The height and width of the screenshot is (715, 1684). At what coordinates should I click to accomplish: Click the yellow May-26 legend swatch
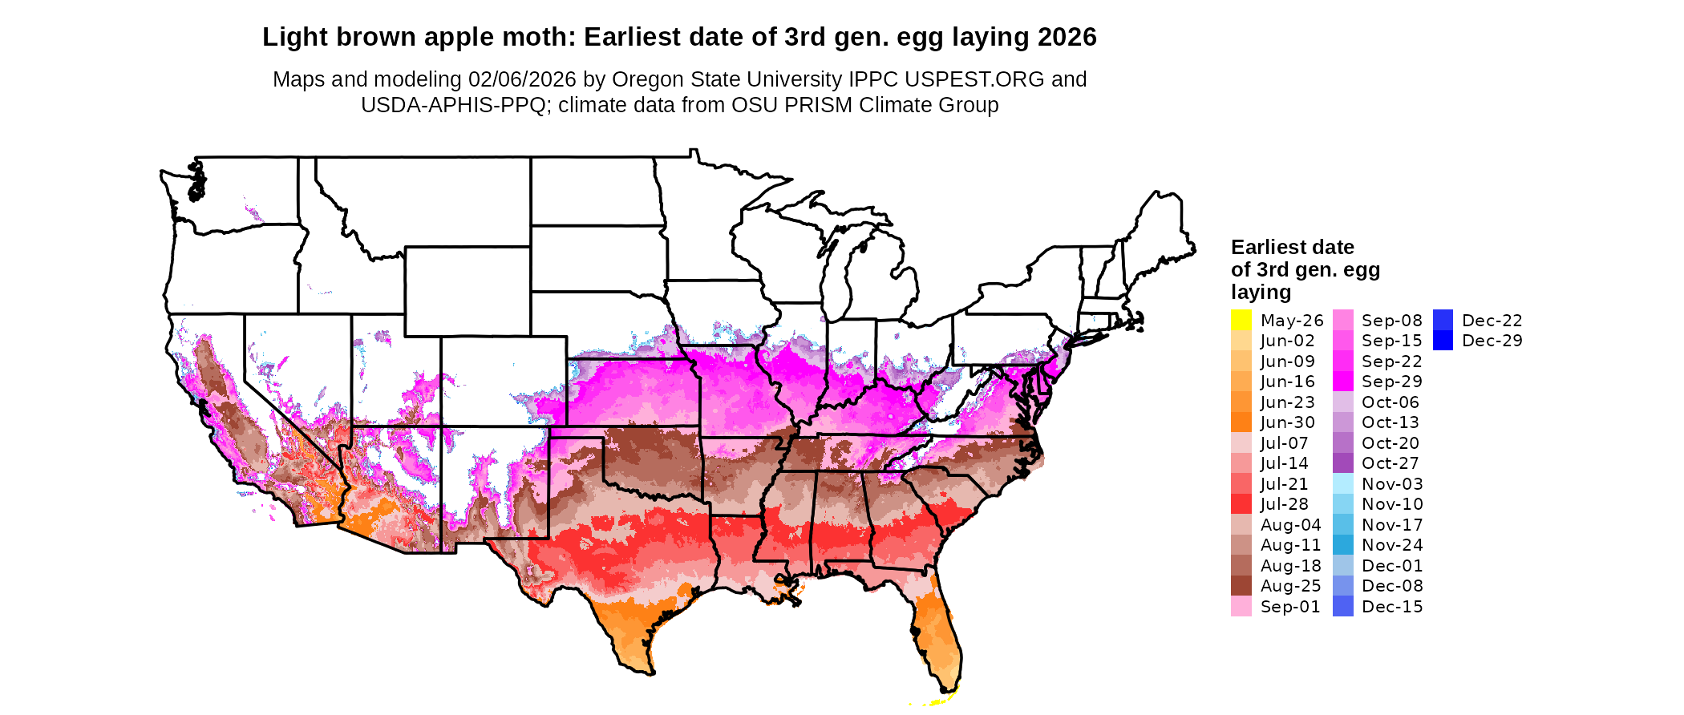(1241, 320)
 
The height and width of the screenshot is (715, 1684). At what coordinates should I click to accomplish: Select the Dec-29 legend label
(1492, 341)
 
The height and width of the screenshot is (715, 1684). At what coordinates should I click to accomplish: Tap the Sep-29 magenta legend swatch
(1342, 382)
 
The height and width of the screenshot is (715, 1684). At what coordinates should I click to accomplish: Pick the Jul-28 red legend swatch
(1241, 504)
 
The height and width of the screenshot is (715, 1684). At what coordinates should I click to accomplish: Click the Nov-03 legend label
(1392, 484)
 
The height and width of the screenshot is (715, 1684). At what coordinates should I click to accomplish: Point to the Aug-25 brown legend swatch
(1241, 586)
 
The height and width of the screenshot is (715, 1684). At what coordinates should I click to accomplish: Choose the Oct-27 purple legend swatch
(1342, 463)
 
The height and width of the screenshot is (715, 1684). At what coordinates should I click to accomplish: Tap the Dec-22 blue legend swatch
(1443, 320)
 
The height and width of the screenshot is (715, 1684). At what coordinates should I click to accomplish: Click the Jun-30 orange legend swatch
(1241, 422)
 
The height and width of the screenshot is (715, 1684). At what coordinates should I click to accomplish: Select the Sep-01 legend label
(1290, 607)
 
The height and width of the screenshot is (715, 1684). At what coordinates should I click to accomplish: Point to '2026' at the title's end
(1067, 37)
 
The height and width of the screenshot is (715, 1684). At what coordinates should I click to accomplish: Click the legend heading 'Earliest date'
(1292, 247)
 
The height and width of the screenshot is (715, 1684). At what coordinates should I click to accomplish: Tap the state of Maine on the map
(1159, 232)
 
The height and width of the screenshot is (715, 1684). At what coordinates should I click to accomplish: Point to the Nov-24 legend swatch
(1342, 545)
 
